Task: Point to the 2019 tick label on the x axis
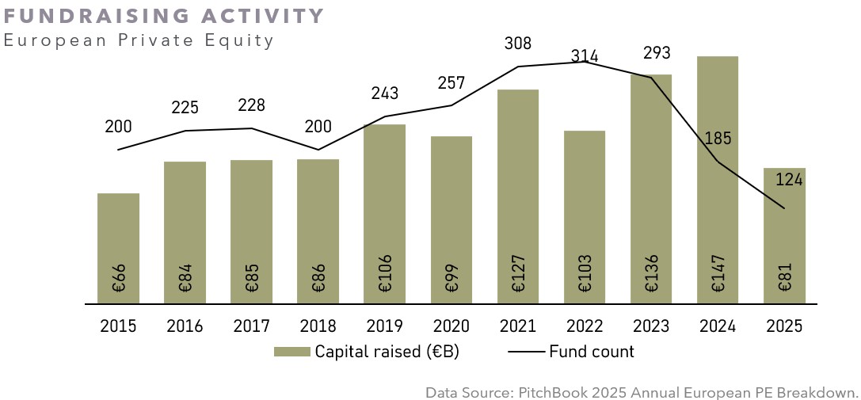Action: [x=384, y=326]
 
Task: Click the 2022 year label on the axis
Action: [x=585, y=326]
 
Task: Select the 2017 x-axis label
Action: [x=251, y=326]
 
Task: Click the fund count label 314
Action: [x=585, y=56]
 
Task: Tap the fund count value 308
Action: [x=518, y=44]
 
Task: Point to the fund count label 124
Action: [x=789, y=180]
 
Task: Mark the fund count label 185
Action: [x=718, y=139]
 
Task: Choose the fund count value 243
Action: [x=384, y=93]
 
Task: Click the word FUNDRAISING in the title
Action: [x=77, y=17]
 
